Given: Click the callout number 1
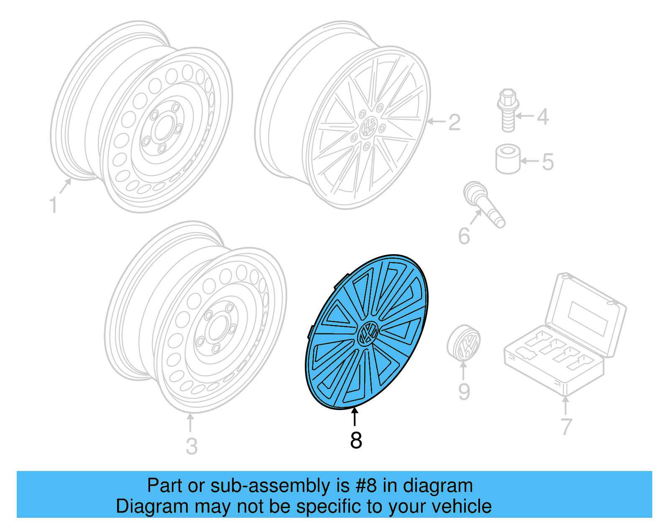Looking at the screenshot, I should (53, 205).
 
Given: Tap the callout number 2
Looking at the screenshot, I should (454, 122).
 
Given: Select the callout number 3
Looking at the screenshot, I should (192, 446).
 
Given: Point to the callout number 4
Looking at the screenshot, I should (543, 117).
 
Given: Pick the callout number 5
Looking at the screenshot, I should (548, 162).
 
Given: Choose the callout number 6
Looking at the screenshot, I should (464, 236).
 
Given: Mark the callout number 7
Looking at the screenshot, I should (566, 427).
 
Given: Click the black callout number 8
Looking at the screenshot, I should (356, 441).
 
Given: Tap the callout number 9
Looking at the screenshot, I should (464, 392).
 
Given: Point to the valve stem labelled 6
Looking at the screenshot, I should (485, 205).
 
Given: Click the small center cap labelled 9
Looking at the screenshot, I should (464, 342).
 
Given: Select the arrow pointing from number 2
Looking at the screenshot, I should (436, 122).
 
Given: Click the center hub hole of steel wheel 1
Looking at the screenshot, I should (161, 130).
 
